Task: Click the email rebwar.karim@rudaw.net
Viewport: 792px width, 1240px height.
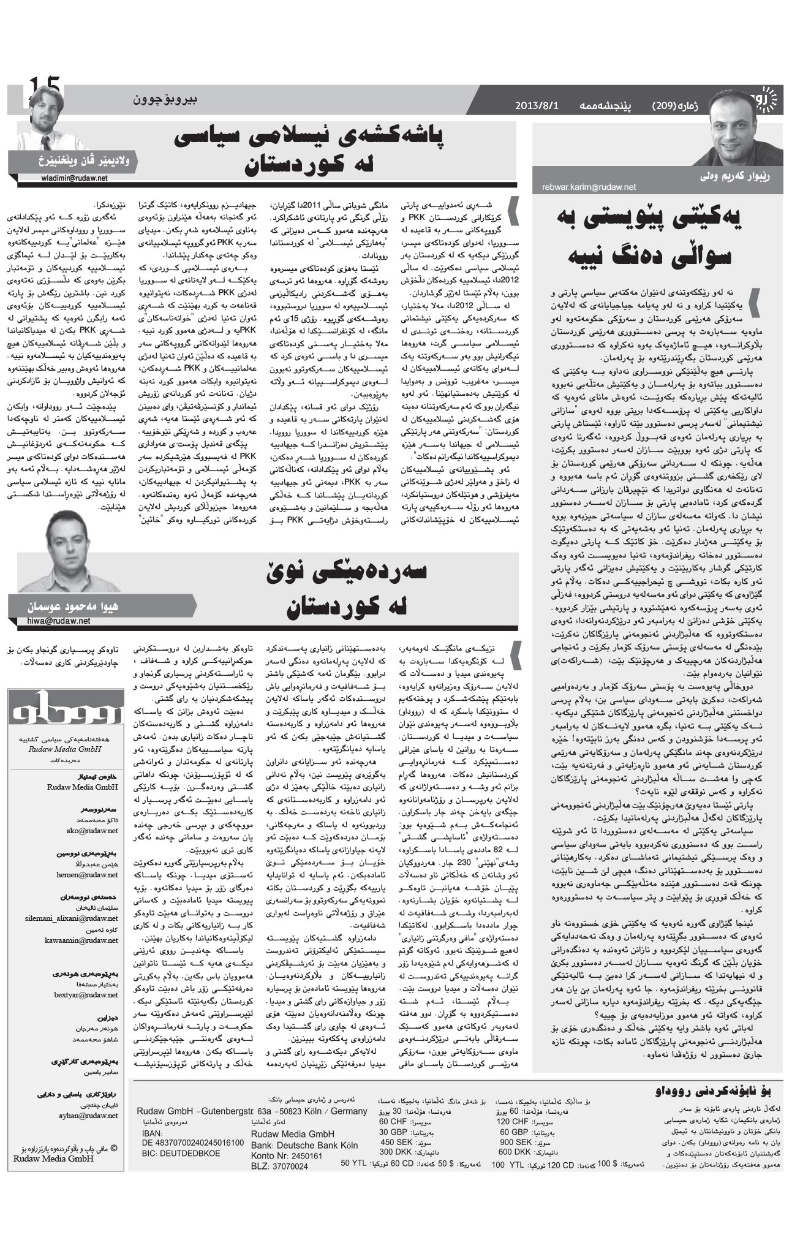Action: point(589,187)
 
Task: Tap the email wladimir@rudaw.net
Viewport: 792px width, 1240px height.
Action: point(71,178)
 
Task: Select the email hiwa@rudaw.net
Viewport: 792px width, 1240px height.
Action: point(58,621)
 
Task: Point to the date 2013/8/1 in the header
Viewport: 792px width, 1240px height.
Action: point(537,105)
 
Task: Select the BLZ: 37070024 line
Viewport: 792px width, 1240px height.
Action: point(279,1166)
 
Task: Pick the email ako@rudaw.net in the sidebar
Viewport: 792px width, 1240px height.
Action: point(92,831)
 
